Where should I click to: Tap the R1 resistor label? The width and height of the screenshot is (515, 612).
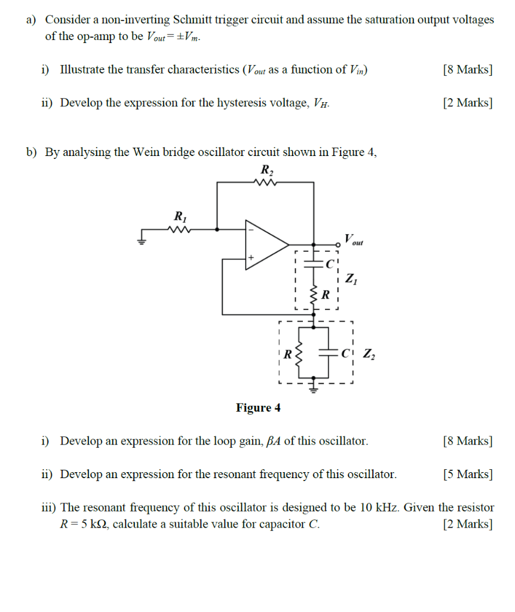[179, 215]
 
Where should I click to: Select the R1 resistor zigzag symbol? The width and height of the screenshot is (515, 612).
[179, 228]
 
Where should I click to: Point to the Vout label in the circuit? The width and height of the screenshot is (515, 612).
[353, 240]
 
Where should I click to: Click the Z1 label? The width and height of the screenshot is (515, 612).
[351, 279]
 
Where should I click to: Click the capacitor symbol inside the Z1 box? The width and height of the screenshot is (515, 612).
[313, 262]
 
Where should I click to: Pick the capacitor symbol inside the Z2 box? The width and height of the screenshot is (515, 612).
[329, 353]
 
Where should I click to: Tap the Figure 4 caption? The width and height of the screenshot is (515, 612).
[258, 408]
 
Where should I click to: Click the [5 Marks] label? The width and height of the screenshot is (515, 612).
[468, 475]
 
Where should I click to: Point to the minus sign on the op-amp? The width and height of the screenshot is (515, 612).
[252, 229]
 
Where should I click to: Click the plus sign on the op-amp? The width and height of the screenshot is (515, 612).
[252, 258]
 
